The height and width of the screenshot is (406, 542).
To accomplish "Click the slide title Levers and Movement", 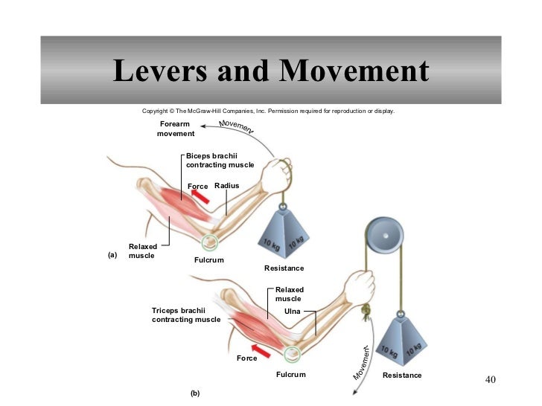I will click(271, 72).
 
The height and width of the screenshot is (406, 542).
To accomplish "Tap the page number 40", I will click(489, 381).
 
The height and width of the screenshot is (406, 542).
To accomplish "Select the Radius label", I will click(226, 185).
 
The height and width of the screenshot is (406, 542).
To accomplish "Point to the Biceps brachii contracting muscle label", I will click(220, 160).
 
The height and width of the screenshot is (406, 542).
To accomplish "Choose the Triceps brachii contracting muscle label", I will click(186, 315).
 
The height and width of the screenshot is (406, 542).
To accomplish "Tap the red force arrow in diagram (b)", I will click(261, 347).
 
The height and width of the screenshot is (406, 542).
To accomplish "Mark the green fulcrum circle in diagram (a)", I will click(209, 241).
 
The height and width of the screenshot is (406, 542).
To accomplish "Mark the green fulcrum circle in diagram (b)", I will click(292, 355).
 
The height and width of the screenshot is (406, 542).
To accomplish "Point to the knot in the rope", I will click(365, 312).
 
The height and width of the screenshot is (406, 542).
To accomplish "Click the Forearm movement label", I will click(176, 129).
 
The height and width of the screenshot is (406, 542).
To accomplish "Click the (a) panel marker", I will click(112, 254).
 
